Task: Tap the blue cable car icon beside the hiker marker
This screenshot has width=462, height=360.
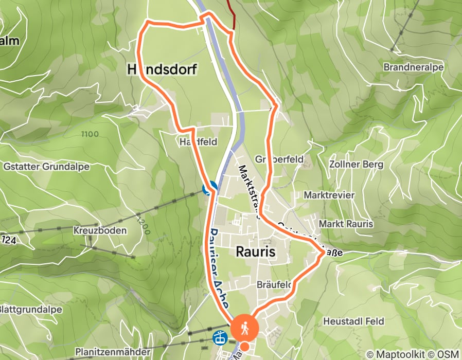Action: (219, 338)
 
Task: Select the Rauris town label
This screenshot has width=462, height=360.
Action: (256, 252)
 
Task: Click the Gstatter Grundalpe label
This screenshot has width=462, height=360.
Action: (46, 167)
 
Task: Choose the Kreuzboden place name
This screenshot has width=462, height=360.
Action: (100, 230)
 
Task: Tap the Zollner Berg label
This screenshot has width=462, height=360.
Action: (356, 165)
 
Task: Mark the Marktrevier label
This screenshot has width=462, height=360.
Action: (329, 195)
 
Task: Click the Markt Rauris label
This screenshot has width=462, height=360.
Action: (345, 224)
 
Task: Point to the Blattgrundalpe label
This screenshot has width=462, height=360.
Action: (31, 310)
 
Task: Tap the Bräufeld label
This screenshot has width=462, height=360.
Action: (274, 285)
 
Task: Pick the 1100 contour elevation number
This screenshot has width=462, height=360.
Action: (90, 134)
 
